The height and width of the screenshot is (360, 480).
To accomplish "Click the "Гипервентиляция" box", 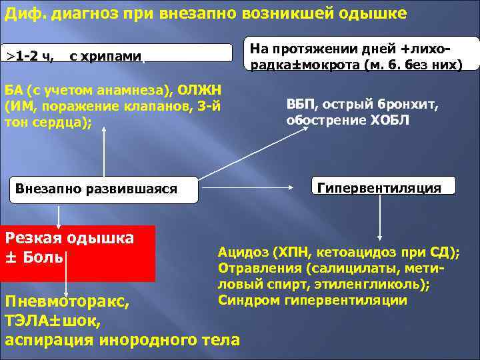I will pyautogui.click(x=379, y=187).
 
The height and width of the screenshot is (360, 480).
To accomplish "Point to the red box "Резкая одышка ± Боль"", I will pyautogui.click(x=78, y=253).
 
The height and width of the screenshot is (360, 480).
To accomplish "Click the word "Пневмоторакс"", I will pyautogui.click(x=67, y=302).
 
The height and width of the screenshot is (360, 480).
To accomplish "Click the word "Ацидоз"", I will pyautogui.click(x=244, y=253).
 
